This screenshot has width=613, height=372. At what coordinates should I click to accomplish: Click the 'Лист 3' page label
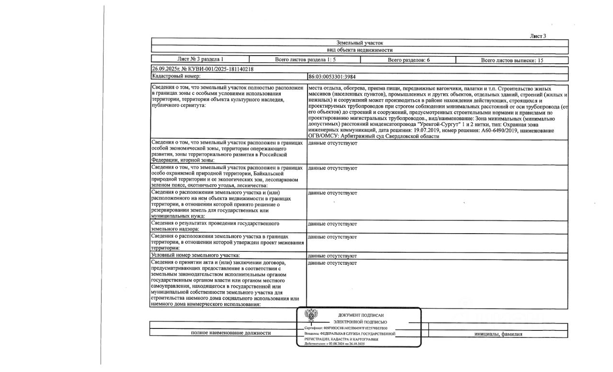[538, 36]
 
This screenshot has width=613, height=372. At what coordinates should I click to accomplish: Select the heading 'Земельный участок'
[360, 43]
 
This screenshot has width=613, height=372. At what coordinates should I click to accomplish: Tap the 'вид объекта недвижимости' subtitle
[360, 50]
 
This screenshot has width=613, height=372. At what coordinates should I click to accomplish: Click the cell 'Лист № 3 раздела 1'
[200, 60]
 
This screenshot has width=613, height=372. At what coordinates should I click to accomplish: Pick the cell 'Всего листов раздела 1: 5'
[305, 60]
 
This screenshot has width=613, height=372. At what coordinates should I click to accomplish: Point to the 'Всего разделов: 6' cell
[408, 60]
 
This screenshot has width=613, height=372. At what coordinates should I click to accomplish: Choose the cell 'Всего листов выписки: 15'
[512, 60]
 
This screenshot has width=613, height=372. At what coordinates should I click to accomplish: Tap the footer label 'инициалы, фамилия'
[498, 334]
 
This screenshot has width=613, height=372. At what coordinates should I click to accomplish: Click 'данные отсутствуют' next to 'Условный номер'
[332, 256]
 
